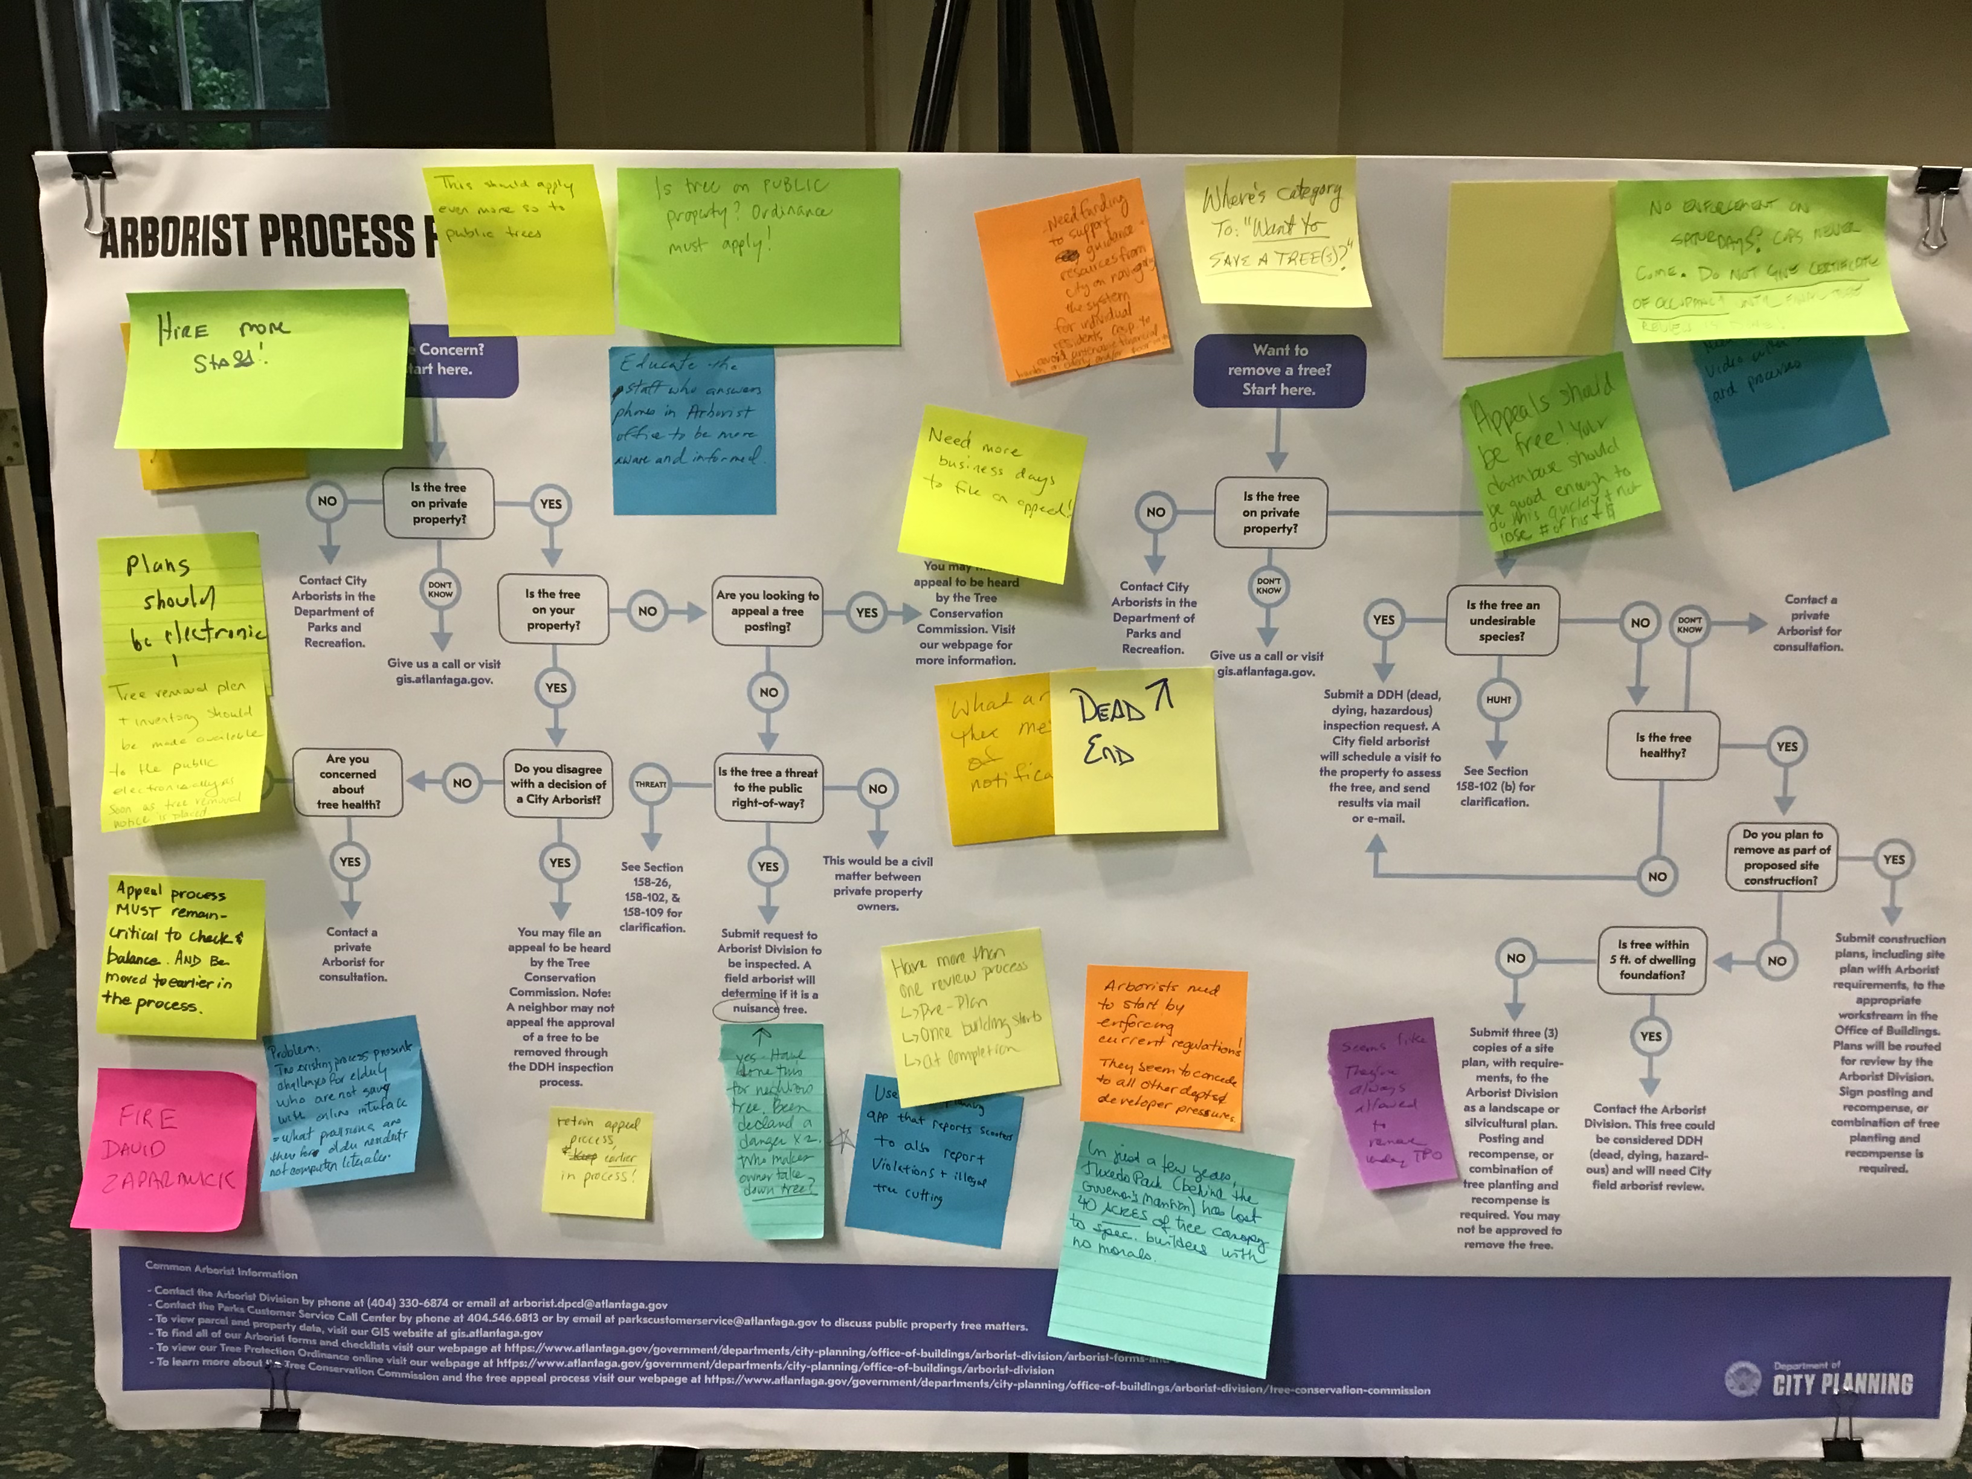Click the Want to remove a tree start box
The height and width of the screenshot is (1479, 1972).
click(x=1278, y=370)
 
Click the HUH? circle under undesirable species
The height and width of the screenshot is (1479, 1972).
click(x=1498, y=700)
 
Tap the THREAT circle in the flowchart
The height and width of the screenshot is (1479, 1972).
click(x=650, y=785)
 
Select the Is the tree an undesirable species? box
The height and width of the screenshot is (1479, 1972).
click(x=1501, y=620)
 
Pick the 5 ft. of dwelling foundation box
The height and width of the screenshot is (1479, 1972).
click(x=1652, y=959)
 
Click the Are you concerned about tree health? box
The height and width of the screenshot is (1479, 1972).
click(x=347, y=782)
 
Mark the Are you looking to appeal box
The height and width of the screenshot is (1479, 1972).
click(x=767, y=611)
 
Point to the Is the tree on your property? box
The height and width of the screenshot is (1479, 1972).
click(x=553, y=610)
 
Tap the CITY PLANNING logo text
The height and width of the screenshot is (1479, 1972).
click(x=1842, y=1384)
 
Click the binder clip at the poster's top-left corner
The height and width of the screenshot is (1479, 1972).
click(x=85, y=182)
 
